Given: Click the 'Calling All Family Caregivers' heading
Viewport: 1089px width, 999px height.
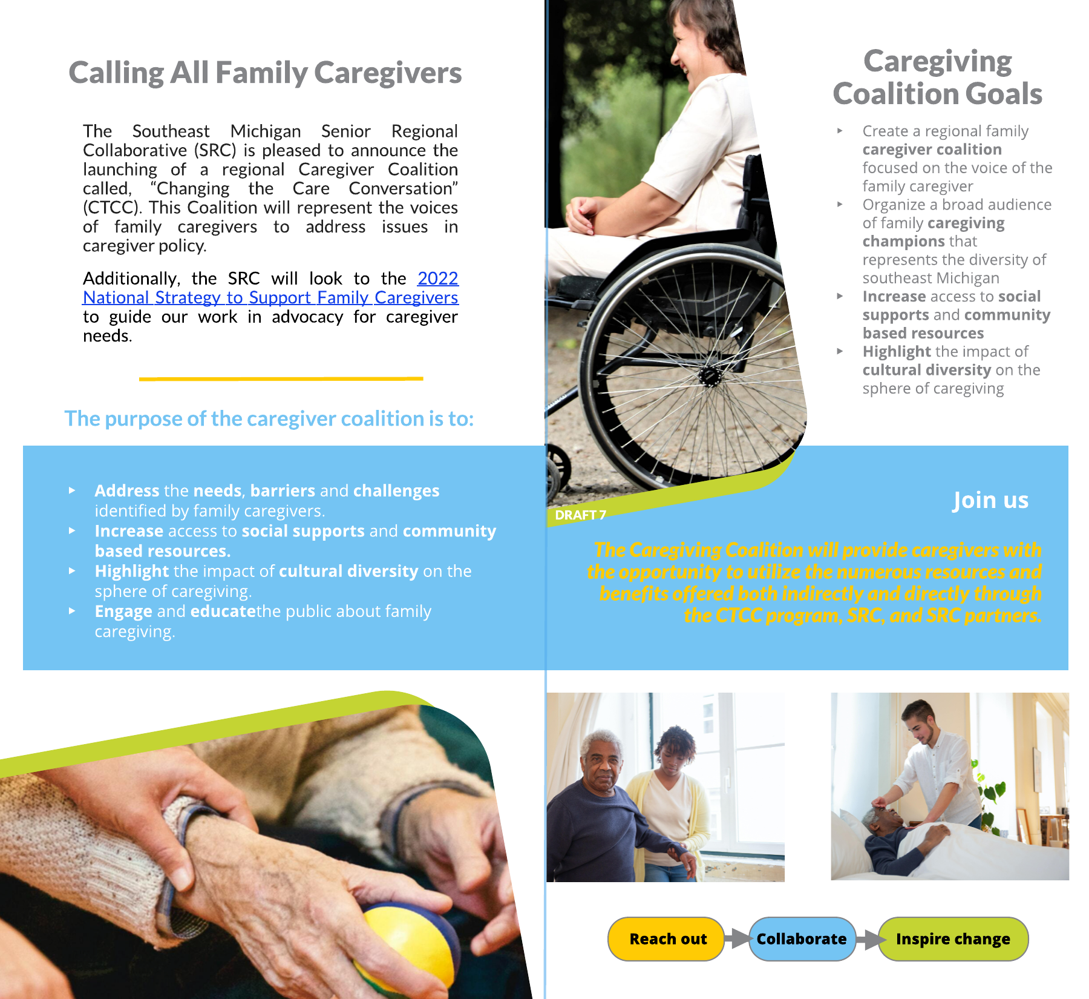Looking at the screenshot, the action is click(265, 73).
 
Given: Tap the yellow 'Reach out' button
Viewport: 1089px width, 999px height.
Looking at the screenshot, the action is click(666, 939).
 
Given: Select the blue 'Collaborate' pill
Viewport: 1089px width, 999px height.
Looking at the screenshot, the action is click(802, 939).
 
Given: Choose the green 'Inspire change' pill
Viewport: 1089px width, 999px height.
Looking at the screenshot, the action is click(953, 939).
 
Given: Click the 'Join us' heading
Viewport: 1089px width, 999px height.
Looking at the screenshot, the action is click(990, 500).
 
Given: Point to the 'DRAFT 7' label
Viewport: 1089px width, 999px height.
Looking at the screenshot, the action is click(580, 515).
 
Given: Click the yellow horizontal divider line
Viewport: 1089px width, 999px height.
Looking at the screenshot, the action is click(281, 378).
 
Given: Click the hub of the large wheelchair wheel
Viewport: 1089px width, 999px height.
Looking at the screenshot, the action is click(710, 377).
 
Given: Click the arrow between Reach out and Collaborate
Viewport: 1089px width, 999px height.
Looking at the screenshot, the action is click(737, 938).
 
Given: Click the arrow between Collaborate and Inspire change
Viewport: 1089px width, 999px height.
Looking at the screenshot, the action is click(868, 939).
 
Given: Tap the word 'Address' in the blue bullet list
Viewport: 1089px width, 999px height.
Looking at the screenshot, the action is click(127, 490).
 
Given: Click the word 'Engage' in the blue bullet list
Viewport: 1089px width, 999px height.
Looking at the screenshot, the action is click(123, 612).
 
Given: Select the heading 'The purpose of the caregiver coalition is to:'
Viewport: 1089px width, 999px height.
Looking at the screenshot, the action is click(269, 418).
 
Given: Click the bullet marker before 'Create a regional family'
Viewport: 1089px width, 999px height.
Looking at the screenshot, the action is click(840, 131).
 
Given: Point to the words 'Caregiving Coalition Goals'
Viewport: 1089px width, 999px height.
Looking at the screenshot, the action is click(938, 77).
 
